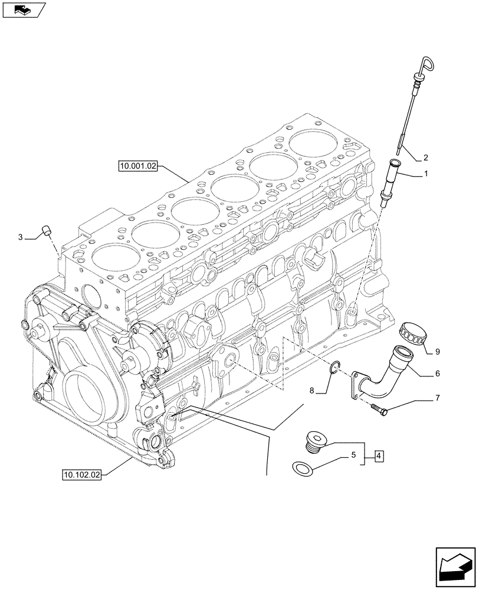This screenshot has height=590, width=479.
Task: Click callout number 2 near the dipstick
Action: point(425,158)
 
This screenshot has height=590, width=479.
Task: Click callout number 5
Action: point(353,455)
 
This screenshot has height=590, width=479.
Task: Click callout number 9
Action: point(437,352)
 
